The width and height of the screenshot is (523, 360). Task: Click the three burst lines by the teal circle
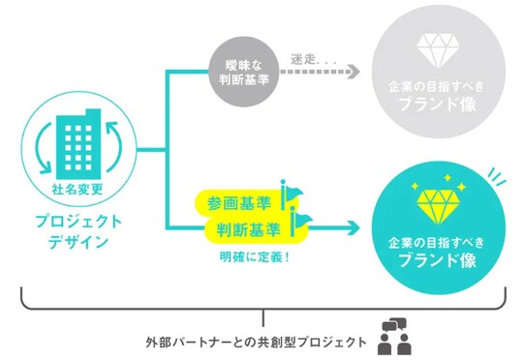click(496, 174)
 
